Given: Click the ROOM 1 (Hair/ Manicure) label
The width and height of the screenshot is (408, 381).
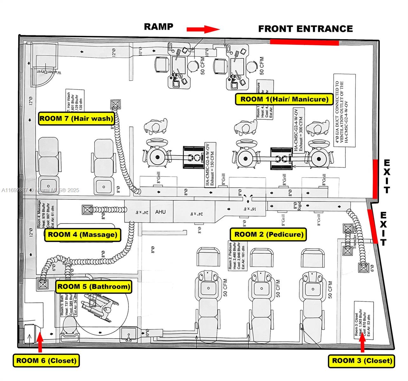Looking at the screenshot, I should pos(284,99).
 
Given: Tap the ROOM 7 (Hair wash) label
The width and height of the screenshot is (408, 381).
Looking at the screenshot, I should pos(76,118).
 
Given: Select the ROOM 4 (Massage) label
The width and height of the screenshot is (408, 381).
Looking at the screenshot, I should pos(83,235).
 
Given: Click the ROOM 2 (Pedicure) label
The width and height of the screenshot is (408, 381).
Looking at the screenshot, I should pos(269,235).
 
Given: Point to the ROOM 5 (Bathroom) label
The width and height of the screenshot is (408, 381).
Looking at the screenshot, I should pos(93,286).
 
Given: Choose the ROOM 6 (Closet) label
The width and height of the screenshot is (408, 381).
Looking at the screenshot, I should pos(46,360).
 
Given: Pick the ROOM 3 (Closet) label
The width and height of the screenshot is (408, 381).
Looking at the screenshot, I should pos(362,360).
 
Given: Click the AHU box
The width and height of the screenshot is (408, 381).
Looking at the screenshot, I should pos(160,212).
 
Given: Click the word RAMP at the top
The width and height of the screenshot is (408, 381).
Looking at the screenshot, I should pos(158,27).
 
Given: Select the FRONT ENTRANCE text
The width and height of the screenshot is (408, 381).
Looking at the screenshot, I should pos(305,29).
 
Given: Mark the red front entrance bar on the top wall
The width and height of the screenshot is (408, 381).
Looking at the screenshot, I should pos(304,42).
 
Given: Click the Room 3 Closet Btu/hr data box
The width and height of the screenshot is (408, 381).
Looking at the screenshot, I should pos(364,319).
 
